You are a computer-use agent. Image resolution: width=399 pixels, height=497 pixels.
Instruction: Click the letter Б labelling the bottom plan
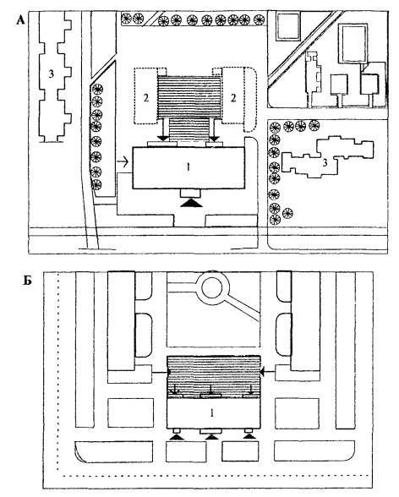(28, 281)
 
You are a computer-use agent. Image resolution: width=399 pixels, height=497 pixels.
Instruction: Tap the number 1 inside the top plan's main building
(189, 167)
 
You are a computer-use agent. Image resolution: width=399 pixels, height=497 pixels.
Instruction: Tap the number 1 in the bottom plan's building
(212, 412)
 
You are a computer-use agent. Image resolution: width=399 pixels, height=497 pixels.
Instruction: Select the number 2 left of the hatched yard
(145, 98)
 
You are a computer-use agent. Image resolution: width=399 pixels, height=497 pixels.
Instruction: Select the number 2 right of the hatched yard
(233, 98)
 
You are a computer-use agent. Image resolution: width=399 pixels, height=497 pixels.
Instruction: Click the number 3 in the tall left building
(51, 74)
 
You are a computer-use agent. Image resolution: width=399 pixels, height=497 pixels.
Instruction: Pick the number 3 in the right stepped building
(325, 163)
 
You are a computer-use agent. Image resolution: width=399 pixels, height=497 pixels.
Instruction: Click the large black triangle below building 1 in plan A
(191, 203)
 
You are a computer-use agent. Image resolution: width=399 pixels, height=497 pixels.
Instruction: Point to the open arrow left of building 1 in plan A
(123, 162)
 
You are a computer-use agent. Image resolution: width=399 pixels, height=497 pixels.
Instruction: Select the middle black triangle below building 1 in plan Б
(212, 438)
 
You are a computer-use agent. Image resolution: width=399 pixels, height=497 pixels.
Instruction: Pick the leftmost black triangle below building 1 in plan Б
(177, 437)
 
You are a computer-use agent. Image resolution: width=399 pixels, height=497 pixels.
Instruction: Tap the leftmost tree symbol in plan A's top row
(126, 18)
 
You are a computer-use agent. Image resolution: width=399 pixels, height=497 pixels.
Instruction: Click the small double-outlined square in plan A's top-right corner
(288, 25)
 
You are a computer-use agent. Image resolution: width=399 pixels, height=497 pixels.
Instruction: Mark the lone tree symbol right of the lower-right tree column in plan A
(287, 213)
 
